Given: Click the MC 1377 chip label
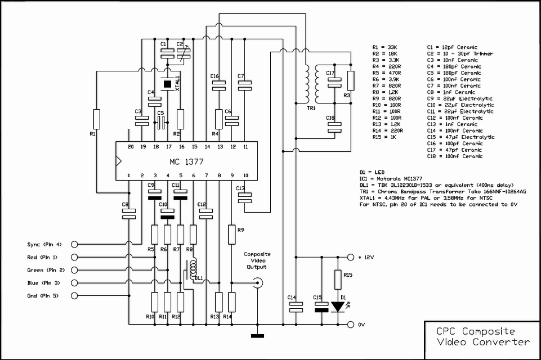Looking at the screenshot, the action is [x=186, y=162].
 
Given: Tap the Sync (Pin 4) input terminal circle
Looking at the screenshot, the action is [x=74, y=245].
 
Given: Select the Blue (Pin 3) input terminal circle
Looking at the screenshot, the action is [x=74, y=283].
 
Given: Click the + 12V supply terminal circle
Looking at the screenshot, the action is [x=351, y=257].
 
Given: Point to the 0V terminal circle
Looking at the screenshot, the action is [x=351, y=325].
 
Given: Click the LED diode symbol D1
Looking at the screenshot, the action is [x=338, y=307].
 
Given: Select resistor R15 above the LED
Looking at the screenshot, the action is [x=338, y=280].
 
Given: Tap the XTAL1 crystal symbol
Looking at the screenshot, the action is [x=167, y=84].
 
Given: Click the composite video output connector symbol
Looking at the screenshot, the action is [x=257, y=283].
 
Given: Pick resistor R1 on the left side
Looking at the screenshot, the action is [x=97, y=119].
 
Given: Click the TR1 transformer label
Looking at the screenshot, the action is [x=311, y=108].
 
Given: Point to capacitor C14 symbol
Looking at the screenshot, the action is [x=296, y=307].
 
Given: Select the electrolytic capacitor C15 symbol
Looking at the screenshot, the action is [x=321, y=307].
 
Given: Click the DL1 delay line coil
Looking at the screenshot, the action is [x=193, y=267].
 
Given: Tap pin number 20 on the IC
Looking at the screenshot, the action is [x=131, y=147].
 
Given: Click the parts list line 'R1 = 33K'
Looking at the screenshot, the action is [x=384, y=47].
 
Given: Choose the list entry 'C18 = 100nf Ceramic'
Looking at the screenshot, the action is [x=455, y=156].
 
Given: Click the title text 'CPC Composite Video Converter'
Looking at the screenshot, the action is [x=483, y=336].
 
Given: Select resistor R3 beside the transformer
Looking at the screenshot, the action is [x=351, y=80].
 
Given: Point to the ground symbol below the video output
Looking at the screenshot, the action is [x=257, y=336].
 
